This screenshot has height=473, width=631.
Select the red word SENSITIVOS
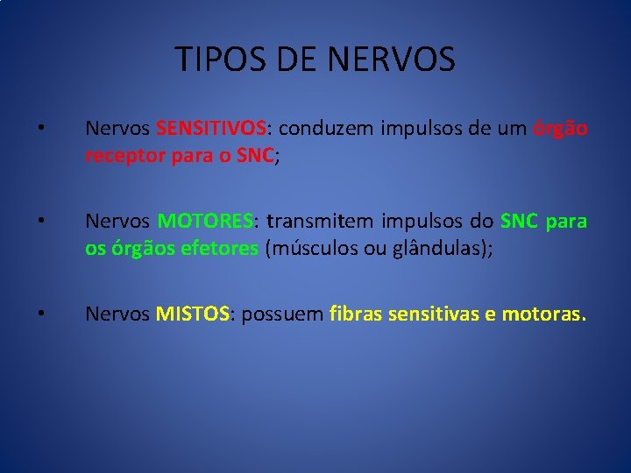(x=211, y=129)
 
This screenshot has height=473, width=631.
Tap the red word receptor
(x=119, y=155)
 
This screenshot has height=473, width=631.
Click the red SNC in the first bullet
(x=255, y=155)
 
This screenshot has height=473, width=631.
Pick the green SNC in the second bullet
(x=519, y=222)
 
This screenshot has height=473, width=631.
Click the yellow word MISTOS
(x=193, y=314)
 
